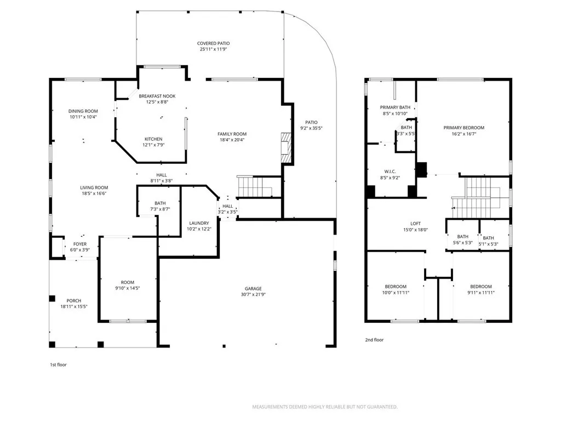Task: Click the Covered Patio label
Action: (x=213, y=43)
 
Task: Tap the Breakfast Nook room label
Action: (x=157, y=96)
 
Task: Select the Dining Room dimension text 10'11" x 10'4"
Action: (x=83, y=117)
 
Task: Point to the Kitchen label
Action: (x=153, y=139)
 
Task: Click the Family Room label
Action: (x=232, y=134)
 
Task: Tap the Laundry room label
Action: (x=199, y=223)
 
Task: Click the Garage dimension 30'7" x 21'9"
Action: (x=253, y=295)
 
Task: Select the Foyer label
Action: (x=80, y=244)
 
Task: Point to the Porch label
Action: (x=74, y=300)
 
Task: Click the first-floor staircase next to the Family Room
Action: (x=255, y=187)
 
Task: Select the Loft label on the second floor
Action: (x=415, y=224)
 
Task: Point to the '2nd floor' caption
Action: (x=374, y=340)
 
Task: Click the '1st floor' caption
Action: (x=58, y=364)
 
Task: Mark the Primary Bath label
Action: (x=395, y=107)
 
